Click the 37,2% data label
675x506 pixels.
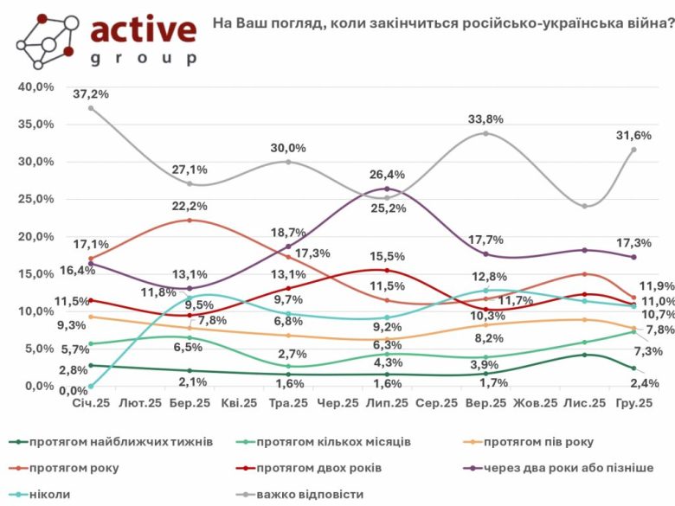coord(92,93)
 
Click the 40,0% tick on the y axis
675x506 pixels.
coord(37,86)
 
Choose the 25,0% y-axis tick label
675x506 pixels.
coord(37,199)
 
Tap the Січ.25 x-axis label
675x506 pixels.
coord(92,403)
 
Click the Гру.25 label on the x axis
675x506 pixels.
coord(633,403)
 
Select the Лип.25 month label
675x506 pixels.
coord(388,403)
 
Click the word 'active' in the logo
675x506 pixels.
coord(143,30)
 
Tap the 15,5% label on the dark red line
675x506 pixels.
coord(388,256)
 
